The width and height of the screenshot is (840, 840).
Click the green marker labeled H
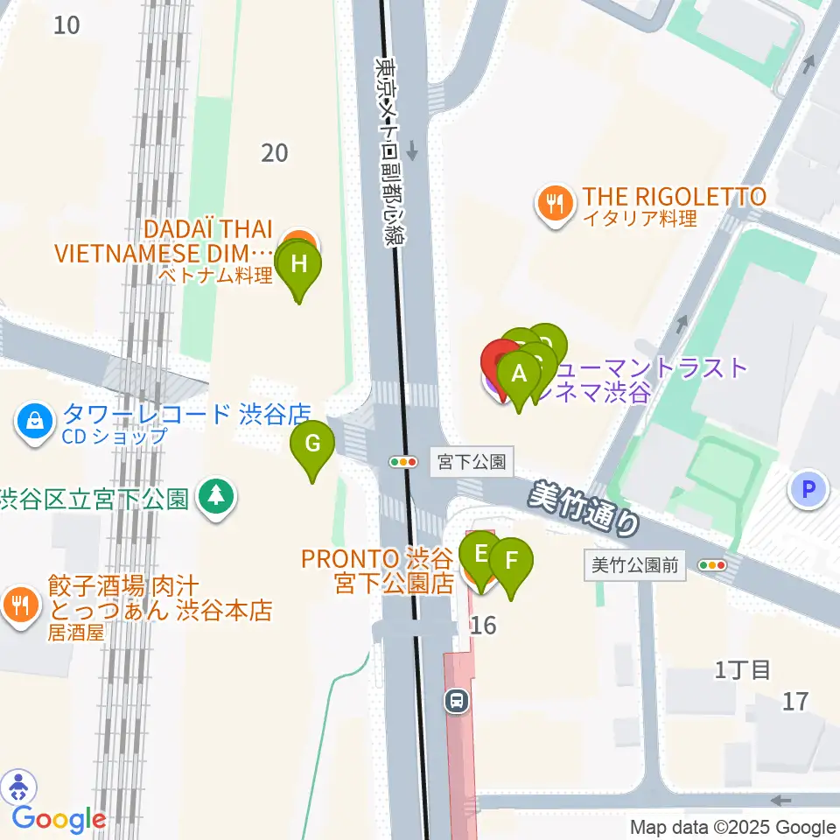point(299,265)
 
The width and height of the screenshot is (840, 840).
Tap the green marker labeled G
point(312,444)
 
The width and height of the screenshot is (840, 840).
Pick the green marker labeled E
point(480,555)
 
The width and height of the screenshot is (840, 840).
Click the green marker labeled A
point(519,375)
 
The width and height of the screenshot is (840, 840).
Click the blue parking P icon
point(808,489)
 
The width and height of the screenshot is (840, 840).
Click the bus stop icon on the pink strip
point(456,700)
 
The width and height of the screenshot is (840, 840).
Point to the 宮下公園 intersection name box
point(472,461)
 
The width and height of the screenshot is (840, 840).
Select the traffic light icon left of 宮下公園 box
point(403,461)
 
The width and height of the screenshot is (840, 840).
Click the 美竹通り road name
point(584,510)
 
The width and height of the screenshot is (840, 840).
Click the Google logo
point(59,820)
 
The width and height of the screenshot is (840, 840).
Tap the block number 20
point(274,153)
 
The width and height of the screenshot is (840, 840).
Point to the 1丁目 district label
point(742,671)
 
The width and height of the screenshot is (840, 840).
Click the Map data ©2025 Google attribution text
point(733,828)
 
